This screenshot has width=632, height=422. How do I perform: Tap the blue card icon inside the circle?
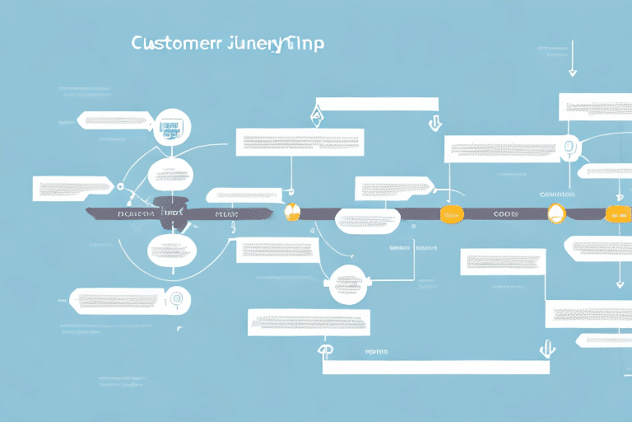[171, 128]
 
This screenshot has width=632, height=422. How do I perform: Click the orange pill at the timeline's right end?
[616, 214]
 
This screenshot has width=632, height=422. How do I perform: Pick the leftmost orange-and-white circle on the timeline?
[292, 212]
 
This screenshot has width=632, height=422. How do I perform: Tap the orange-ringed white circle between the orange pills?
[557, 213]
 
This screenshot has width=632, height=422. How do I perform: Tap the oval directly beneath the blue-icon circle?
[171, 175]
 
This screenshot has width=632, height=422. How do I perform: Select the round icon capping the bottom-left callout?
[175, 298]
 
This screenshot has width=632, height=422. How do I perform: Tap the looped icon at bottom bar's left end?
[326, 350]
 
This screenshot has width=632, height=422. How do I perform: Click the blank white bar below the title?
[375, 104]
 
